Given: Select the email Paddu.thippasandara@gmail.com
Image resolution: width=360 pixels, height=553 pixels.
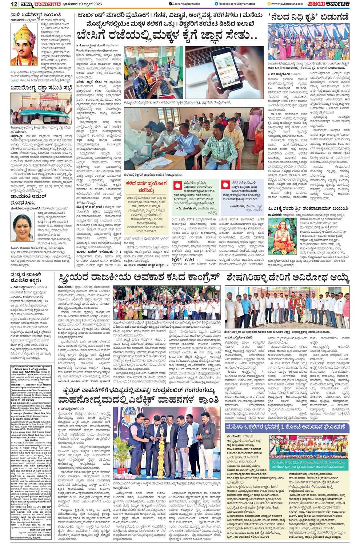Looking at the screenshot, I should point(97,50).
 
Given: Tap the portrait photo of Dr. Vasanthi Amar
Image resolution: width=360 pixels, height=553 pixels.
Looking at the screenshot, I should point(23,226).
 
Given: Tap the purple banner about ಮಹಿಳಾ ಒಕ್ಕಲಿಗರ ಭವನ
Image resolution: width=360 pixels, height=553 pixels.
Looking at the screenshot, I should point(287,416).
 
